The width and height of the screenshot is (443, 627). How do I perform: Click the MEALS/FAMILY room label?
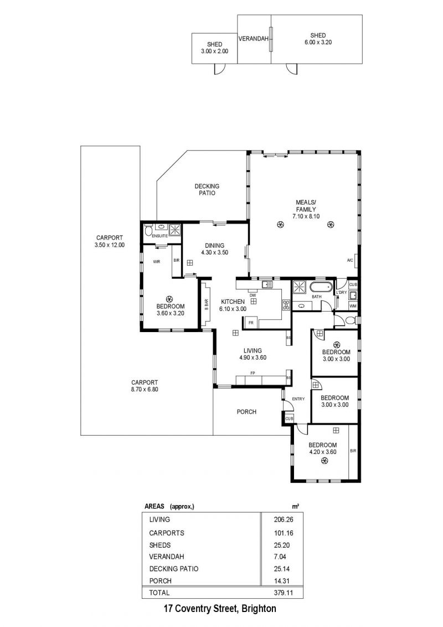(306, 206)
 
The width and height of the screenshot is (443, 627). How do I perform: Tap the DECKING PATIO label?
(207, 190)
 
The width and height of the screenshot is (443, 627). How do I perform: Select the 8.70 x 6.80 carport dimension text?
(145, 389)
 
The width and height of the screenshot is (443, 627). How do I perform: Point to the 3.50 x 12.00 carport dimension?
(110, 245)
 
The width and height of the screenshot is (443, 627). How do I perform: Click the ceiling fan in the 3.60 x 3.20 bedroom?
(170, 299)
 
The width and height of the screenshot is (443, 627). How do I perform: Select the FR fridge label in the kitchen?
(251, 322)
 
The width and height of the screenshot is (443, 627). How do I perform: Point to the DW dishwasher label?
(253, 295)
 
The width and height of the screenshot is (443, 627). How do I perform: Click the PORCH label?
(246, 412)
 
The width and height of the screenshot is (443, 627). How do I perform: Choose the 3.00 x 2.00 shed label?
(214, 48)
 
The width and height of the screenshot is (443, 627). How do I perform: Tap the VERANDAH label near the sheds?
(253, 39)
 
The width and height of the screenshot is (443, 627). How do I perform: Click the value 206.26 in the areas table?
(283, 519)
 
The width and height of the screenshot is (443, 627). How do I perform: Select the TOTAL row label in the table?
(159, 593)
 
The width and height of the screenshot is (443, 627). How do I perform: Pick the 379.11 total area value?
(283, 593)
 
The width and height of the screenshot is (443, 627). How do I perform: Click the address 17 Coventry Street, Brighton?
(220, 609)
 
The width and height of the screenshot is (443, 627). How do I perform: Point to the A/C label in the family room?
(351, 261)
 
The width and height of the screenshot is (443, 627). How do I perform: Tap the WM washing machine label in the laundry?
(353, 306)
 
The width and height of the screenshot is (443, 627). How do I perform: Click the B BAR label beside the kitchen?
(207, 305)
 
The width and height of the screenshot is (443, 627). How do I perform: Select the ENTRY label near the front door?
(298, 399)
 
